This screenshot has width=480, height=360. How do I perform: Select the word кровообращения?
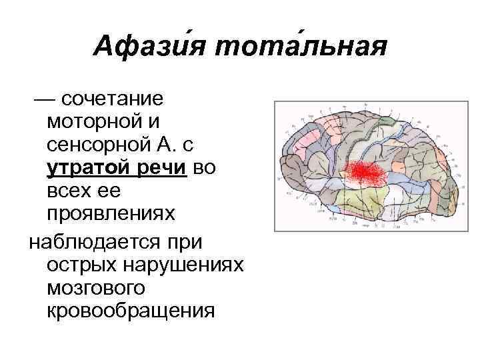pos(131,311)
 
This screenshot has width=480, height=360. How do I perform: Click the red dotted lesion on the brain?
pos(364,173)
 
